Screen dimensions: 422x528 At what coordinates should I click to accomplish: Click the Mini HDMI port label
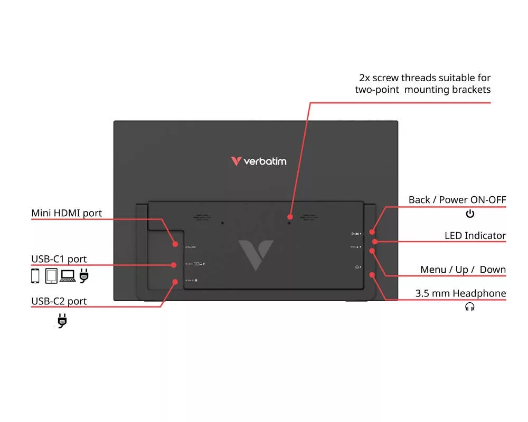[67, 213]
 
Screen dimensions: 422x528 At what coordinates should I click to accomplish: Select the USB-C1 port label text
[59, 259]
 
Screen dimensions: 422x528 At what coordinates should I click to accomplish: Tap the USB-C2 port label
[59, 301]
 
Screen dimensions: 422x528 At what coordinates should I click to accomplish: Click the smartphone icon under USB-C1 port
[35, 275]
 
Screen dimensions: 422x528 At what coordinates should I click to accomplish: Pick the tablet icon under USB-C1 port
[51, 275]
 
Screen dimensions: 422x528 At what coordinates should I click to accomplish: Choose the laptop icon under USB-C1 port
[68, 275]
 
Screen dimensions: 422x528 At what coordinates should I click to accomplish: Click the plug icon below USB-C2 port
[62, 320]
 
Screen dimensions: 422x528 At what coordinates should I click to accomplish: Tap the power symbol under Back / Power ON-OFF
[470, 214]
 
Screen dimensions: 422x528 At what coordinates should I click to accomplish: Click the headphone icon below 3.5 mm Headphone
[469, 306]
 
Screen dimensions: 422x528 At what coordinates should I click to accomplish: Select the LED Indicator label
[475, 236]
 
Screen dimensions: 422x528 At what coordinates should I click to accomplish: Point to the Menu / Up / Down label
[463, 270]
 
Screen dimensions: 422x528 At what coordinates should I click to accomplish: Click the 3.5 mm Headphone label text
[460, 293]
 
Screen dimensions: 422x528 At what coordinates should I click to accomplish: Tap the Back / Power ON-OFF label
[457, 200]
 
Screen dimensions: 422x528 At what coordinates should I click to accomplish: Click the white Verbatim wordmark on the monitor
[265, 161]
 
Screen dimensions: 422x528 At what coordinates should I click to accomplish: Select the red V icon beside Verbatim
[236, 161]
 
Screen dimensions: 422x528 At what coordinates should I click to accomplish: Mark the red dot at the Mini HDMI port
[175, 244]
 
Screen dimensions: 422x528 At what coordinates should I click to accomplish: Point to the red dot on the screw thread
[289, 217]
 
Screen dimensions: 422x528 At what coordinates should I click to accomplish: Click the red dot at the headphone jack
[373, 275]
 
